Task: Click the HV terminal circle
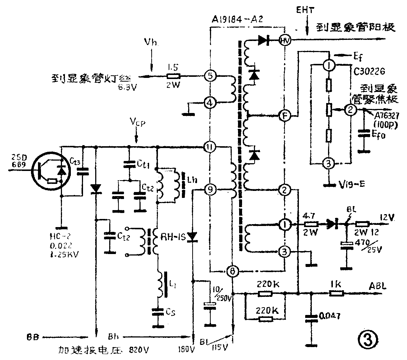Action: point(284,41)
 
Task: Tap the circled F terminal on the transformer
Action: point(284,116)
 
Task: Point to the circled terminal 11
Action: point(210,147)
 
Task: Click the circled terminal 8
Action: point(233,272)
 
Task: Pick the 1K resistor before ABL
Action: point(337,294)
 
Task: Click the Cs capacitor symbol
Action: point(160,312)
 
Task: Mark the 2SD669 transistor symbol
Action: point(49,171)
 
